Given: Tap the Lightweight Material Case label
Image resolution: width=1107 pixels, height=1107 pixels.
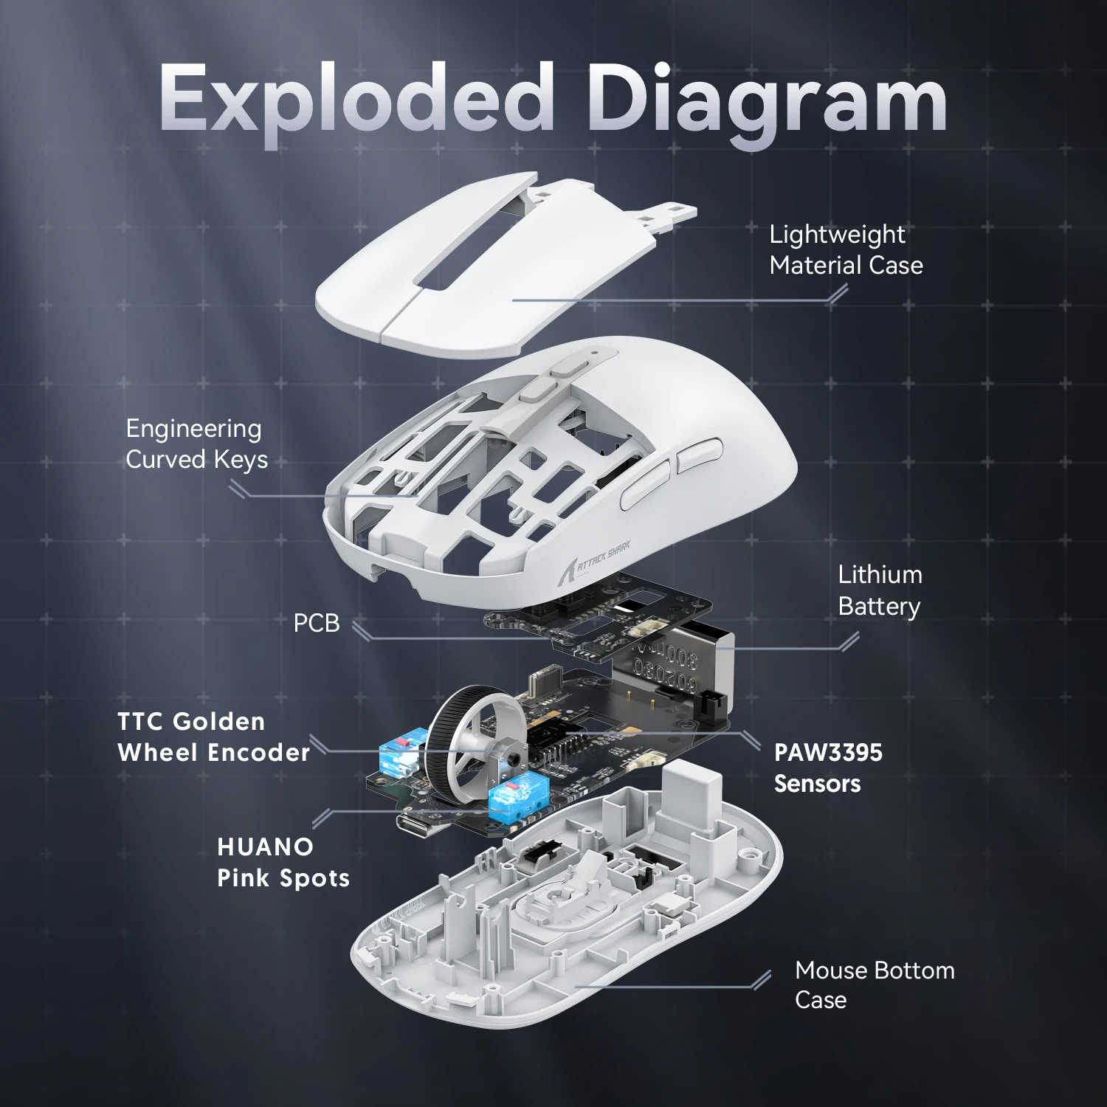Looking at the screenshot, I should [846, 249].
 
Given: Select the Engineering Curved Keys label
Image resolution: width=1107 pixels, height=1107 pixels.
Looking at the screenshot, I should [196, 444].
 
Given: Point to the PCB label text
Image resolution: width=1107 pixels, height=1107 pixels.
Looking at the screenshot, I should [317, 623].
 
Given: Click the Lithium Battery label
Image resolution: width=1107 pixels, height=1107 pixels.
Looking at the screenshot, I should [880, 590].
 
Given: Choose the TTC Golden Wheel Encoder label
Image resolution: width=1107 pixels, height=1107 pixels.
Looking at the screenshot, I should [213, 737].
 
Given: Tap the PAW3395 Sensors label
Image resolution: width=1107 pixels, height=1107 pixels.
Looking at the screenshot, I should [827, 768].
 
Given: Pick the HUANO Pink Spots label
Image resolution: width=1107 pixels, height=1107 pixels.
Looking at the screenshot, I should [283, 862].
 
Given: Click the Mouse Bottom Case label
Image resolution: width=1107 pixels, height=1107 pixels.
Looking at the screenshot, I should [875, 984].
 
